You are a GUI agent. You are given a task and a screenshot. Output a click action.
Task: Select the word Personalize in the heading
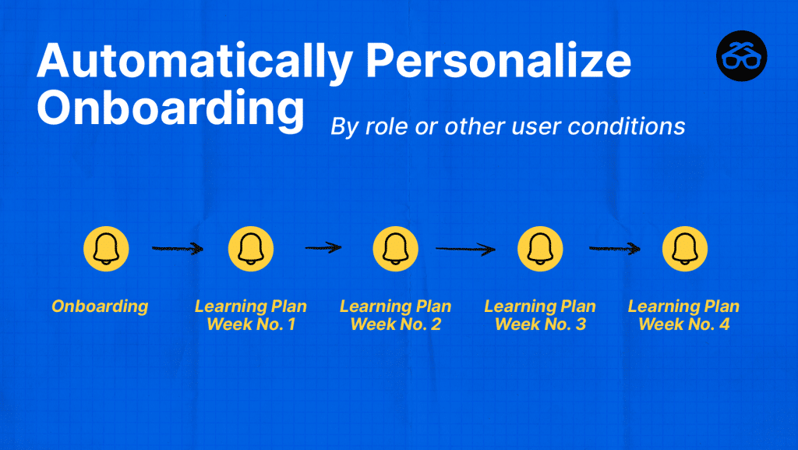498,60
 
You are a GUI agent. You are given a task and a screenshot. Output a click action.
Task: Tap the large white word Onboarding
171,108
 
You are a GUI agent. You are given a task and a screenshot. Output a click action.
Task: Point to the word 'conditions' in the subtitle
627,126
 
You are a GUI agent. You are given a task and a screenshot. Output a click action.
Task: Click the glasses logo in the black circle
742,56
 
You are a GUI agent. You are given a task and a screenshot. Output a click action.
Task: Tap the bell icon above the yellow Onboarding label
106,249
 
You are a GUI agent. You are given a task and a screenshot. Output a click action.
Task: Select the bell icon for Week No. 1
251,249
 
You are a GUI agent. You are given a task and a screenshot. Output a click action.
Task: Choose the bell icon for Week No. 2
395,249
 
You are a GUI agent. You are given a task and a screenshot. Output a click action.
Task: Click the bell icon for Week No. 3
540,249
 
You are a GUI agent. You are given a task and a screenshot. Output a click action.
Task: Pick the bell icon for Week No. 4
684,249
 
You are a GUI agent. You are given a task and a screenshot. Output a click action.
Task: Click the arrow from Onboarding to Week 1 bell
178,249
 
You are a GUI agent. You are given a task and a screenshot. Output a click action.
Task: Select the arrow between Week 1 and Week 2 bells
323,248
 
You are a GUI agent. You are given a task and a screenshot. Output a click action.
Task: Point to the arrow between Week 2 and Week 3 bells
465,249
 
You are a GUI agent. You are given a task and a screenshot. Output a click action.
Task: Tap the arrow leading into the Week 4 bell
614,249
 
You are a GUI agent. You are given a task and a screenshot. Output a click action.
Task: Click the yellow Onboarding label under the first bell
100,306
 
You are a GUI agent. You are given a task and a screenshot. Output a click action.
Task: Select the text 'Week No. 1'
251,324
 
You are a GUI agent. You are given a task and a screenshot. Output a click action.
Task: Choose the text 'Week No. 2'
395,324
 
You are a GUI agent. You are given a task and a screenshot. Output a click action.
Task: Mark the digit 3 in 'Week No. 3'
581,324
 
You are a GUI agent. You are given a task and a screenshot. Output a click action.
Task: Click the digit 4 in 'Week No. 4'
725,324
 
